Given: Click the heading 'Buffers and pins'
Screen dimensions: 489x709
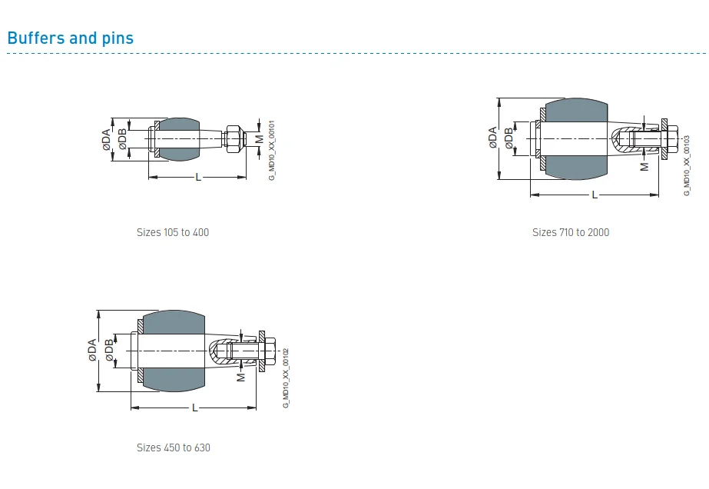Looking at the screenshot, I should (x=70, y=38).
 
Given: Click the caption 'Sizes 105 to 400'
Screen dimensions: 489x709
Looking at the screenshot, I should (x=173, y=232).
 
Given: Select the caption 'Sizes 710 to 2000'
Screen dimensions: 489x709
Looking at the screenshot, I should (x=571, y=232).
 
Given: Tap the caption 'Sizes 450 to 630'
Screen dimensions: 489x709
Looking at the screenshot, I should (x=174, y=447).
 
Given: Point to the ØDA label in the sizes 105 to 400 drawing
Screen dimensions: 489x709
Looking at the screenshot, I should (x=106, y=139).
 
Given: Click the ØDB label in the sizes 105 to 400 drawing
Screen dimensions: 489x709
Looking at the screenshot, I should (x=123, y=139).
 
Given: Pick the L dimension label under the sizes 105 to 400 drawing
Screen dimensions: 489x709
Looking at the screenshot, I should (x=198, y=178).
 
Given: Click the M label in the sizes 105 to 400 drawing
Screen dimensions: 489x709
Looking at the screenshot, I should (x=259, y=138).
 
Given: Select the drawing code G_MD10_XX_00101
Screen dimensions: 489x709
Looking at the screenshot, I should (x=271, y=150).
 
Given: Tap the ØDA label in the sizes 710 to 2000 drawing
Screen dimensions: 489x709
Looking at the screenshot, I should (x=492, y=138).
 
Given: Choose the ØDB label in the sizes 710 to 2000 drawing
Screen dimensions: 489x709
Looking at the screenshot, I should (x=509, y=138).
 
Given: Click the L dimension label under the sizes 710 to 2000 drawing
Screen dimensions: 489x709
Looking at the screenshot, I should (x=594, y=195).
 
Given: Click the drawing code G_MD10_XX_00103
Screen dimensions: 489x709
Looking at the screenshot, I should (x=687, y=165).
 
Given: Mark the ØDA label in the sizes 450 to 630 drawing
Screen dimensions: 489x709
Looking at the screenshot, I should (x=91, y=350).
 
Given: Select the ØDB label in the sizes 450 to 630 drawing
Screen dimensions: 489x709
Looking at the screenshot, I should (x=109, y=350).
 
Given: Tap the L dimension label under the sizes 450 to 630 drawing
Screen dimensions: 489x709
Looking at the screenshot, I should (x=194, y=407).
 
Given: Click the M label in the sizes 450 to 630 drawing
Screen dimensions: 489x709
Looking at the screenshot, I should (x=241, y=377).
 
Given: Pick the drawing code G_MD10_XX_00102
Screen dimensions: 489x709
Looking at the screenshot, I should (x=286, y=378).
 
